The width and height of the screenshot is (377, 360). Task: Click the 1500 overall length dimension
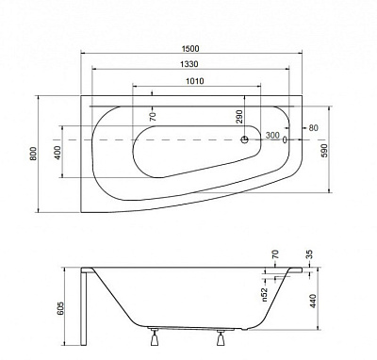click(190, 49)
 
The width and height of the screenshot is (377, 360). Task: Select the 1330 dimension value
click(189, 64)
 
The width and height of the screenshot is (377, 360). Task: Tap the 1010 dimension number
click(195, 81)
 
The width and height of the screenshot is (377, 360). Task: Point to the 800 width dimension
click(33, 154)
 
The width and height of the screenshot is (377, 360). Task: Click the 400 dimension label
click(57, 153)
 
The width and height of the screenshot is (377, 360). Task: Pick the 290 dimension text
click(239, 117)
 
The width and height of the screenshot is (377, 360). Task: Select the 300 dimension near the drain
click(272, 136)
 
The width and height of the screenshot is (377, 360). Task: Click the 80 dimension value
click(313, 128)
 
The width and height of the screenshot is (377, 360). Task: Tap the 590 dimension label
click(324, 151)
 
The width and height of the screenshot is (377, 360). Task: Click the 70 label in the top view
click(153, 117)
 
